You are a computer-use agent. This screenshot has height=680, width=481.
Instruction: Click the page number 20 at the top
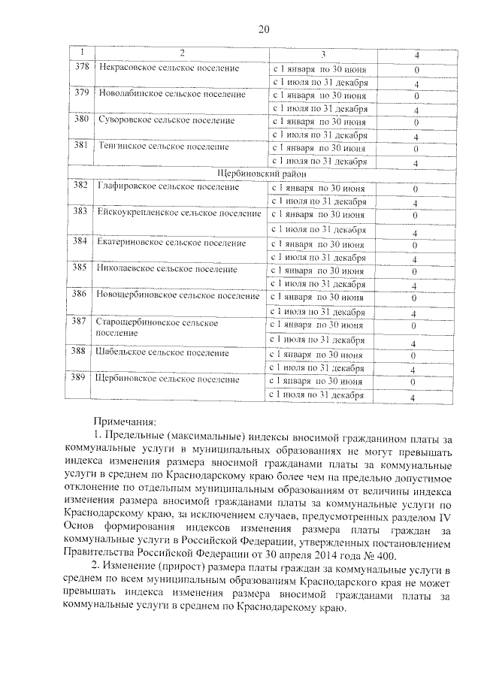(x=263, y=29)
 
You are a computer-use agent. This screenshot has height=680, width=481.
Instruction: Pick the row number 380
(x=80, y=119)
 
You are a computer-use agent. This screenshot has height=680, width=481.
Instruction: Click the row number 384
(x=80, y=242)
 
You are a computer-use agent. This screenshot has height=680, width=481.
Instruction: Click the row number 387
(x=80, y=322)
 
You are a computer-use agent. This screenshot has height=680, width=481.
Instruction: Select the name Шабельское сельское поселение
(x=164, y=352)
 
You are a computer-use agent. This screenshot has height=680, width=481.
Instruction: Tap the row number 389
(x=80, y=379)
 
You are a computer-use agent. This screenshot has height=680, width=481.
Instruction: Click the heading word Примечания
(x=124, y=423)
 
